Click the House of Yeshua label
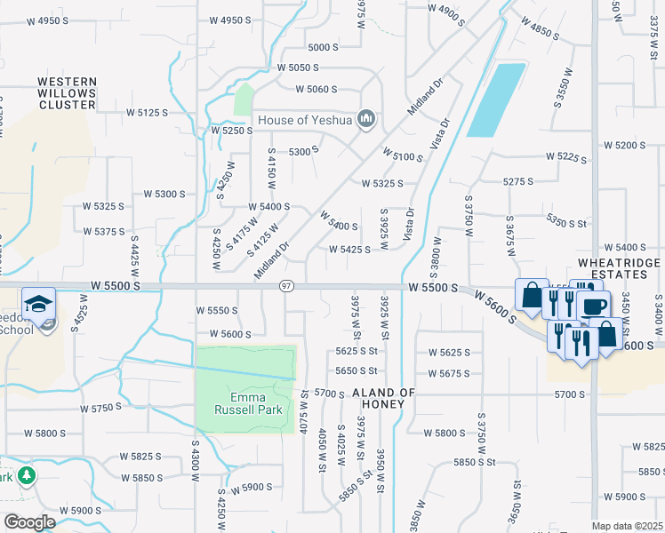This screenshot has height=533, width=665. pos(306,120)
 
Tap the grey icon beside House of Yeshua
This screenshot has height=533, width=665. pos(365,119)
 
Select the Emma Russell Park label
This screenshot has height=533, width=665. pos(243,403)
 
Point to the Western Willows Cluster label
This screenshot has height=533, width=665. pos(67,93)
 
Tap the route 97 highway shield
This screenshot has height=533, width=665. pos(286,286)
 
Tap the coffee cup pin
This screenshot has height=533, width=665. pos(593,306)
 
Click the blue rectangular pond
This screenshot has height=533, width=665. pos(496,99)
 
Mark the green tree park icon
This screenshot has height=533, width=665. pos(27,476)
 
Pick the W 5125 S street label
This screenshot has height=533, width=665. pos(147,113)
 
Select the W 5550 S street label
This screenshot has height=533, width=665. pos(217,310)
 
